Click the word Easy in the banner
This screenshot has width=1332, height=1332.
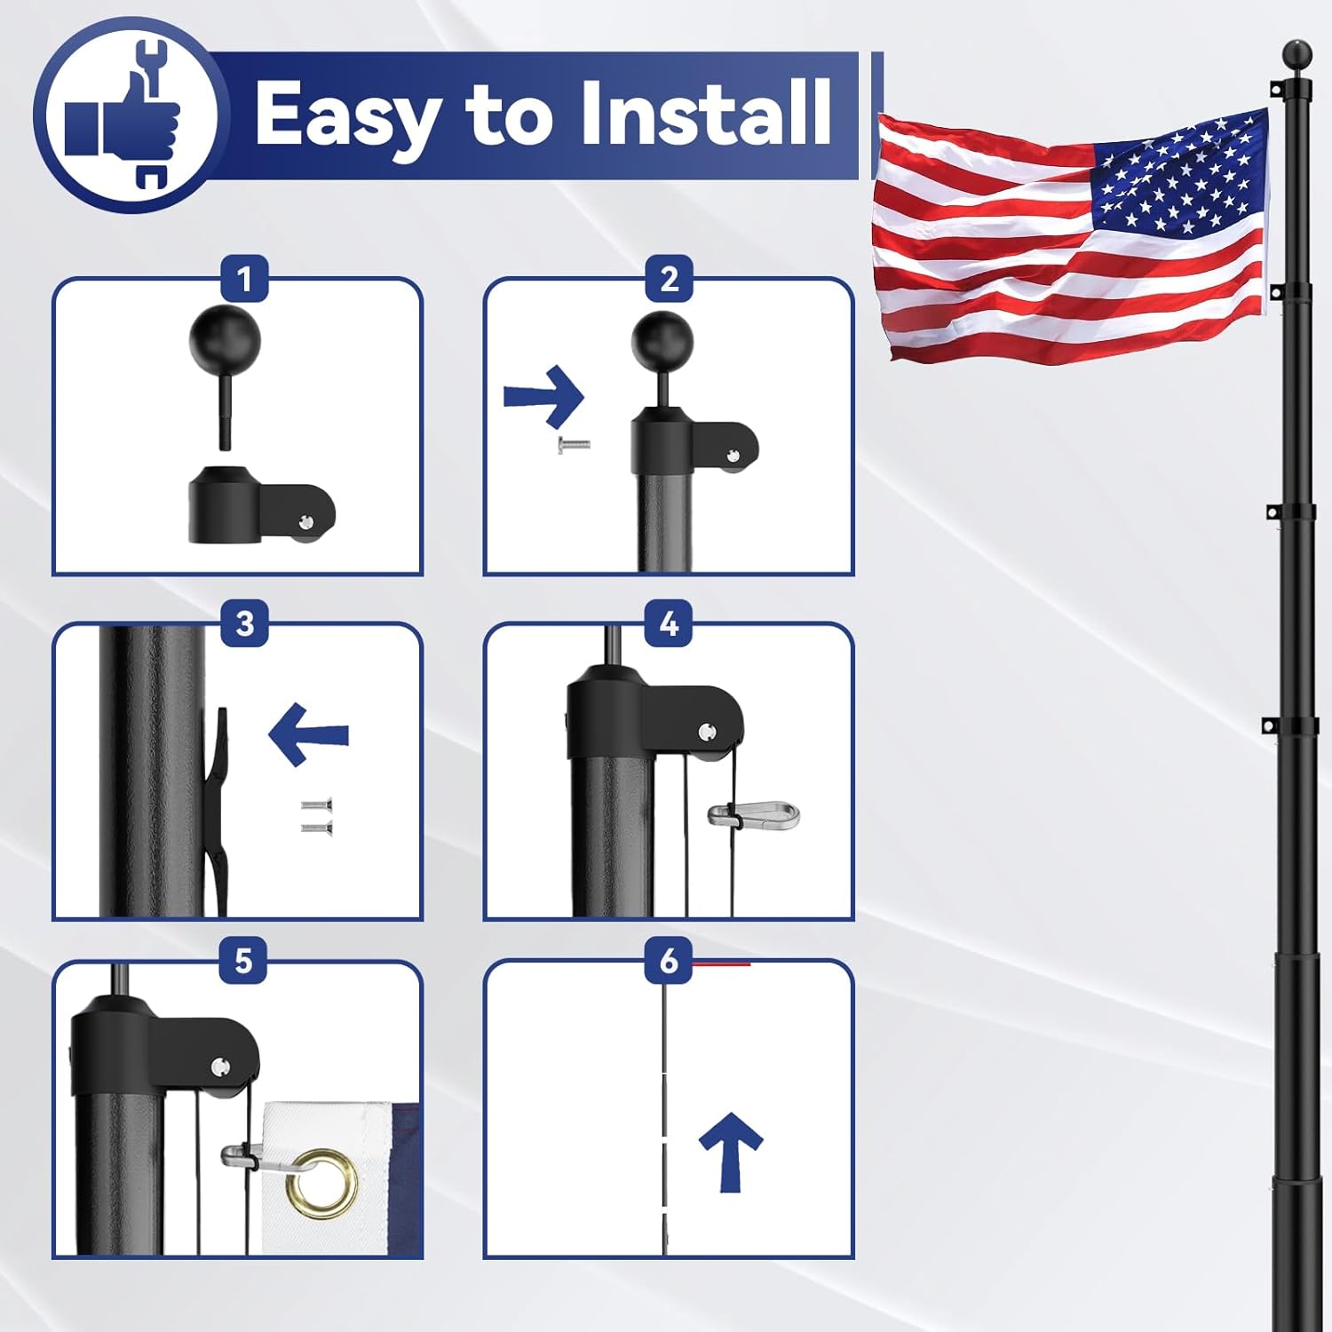coord(346,115)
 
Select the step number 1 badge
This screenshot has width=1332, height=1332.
coord(244,279)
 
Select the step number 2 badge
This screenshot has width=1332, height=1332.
coord(669,279)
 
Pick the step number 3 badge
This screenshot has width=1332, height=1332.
coord(244,623)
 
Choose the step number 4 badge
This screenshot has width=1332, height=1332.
coord(669,623)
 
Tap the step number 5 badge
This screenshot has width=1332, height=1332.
coord(244,961)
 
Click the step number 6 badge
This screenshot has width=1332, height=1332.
coord(669,961)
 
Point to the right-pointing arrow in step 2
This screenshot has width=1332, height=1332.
coord(544,396)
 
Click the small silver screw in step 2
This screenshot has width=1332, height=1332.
coord(574,445)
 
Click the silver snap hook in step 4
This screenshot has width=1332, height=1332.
coord(755,813)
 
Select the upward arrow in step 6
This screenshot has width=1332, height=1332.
coord(730,1150)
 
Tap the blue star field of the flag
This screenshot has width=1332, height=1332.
coord(1177,178)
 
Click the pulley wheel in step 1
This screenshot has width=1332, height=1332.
coord(306,524)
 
